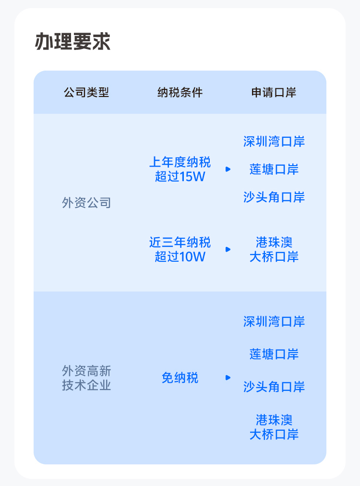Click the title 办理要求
(x=72, y=42)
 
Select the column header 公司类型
(x=86, y=93)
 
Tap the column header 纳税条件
(x=180, y=93)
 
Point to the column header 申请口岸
(x=274, y=93)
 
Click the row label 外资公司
(x=86, y=203)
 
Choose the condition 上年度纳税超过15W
(x=180, y=169)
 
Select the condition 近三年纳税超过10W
(x=180, y=249)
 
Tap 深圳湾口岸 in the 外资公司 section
(x=274, y=142)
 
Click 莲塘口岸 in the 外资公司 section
(x=274, y=169)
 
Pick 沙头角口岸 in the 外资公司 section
(x=274, y=197)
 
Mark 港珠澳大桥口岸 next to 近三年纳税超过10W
(x=274, y=249)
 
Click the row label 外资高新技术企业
(x=86, y=378)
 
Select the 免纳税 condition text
(x=180, y=378)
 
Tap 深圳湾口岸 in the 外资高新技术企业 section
(x=274, y=322)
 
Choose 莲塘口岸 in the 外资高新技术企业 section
(x=274, y=354)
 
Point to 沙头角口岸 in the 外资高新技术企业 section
(x=274, y=387)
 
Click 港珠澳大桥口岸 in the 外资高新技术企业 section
(x=274, y=427)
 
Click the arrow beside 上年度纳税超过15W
(x=228, y=169)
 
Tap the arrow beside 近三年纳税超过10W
(x=228, y=249)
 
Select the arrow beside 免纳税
(x=228, y=378)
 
